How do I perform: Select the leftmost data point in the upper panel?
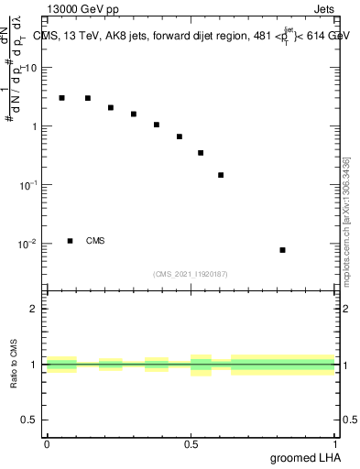click(x=61, y=97)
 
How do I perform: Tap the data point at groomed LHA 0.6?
click(x=221, y=175)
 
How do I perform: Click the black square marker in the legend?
click(x=70, y=241)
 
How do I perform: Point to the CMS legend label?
click(x=95, y=241)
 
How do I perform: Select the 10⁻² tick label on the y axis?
click(x=27, y=244)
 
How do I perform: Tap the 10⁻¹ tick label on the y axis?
click(x=27, y=185)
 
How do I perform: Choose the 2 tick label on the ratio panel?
click(x=35, y=309)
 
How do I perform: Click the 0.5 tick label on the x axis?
click(x=191, y=444)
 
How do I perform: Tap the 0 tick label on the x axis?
click(x=47, y=444)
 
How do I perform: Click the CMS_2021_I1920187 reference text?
click(x=191, y=273)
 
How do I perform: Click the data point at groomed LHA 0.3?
click(x=134, y=114)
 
